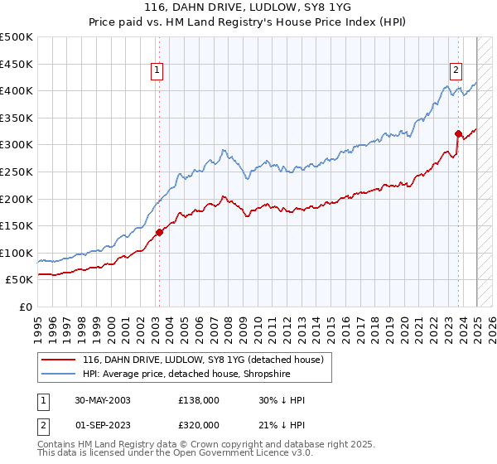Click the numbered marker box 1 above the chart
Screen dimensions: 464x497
click(x=157, y=71)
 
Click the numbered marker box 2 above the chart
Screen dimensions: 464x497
click(x=456, y=71)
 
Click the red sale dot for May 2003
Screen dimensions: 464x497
click(x=159, y=232)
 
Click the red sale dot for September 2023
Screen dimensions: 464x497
click(x=458, y=133)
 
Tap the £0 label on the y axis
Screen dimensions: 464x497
click(x=26, y=307)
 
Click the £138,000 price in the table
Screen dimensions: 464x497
click(x=199, y=400)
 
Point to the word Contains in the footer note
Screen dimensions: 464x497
click(x=59, y=445)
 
